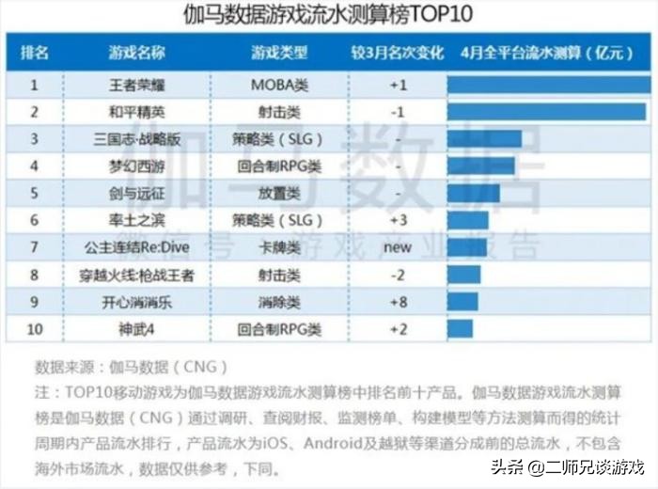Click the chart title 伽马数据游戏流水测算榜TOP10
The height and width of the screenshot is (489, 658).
point(329,15)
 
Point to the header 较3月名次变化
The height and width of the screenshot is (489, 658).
point(397,53)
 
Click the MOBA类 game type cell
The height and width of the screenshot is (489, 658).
point(279,85)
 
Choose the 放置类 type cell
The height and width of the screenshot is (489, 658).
point(279,194)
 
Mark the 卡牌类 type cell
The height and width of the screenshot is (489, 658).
point(279,248)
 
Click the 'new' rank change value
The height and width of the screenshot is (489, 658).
point(398,248)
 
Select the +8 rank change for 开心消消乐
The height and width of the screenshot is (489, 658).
point(398,303)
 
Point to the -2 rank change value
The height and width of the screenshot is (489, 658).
point(398,276)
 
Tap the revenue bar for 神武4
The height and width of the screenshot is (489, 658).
point(460,329)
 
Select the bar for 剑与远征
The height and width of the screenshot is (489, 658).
point(473,194)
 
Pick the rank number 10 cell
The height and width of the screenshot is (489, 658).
point(34,330)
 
